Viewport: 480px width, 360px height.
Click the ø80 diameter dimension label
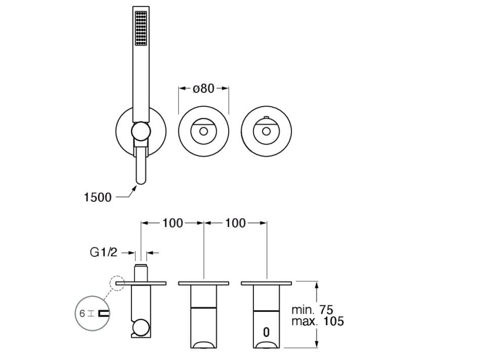click(203, 88)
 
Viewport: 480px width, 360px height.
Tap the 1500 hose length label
click(98, 198)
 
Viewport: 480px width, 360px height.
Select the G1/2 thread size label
click(104, 252)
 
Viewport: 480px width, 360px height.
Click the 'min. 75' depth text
click(312, 310)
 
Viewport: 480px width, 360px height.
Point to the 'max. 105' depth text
click(318, 322)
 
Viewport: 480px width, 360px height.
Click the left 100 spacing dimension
click(172, 223)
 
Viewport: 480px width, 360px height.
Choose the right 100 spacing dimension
click(235, 223)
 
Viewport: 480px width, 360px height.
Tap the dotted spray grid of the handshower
click(141, 28)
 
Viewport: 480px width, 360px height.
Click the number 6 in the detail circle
click(82, 314)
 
